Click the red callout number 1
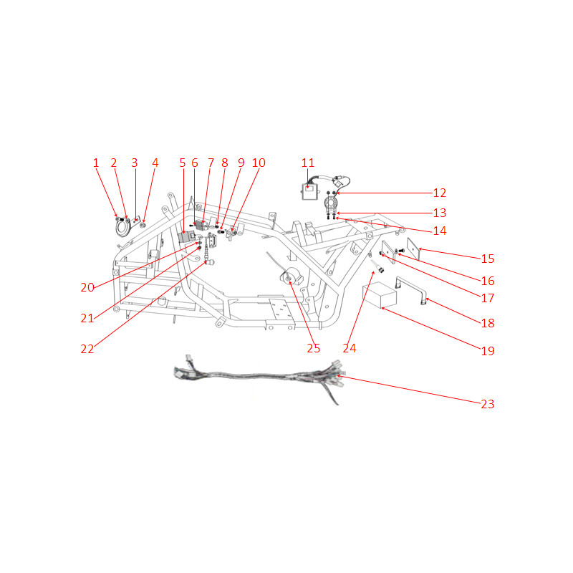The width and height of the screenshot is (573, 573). (96, 163)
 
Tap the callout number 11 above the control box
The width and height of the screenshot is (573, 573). (308, 163)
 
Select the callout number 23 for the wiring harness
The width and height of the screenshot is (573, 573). (488, 404)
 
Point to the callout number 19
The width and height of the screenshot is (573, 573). (488, 351)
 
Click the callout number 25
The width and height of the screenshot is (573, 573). (314, 348)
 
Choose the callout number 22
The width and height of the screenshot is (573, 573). (87, 349)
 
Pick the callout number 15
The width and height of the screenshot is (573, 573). (488, 259)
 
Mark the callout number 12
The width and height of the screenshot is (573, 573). (440, 193)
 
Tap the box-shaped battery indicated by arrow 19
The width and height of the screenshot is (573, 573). (380, 295)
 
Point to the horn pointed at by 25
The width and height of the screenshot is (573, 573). (292, 277)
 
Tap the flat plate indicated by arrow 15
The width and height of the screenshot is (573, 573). (413, 249)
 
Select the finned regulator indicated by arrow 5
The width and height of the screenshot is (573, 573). (187, 237)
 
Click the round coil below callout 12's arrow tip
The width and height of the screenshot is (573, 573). (331, 202)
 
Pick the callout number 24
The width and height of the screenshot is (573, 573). (350, 348)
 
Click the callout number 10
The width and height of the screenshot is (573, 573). (259, 163)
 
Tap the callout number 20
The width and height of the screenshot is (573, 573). (87, 287)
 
